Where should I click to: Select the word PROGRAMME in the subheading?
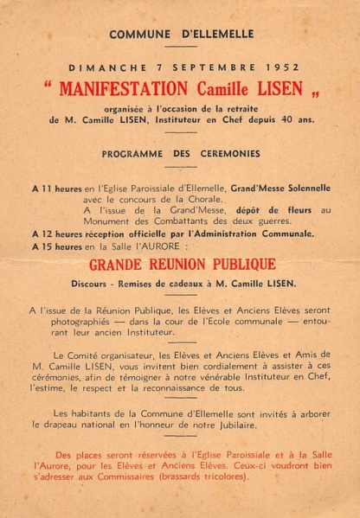133,154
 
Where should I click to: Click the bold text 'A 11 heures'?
57,188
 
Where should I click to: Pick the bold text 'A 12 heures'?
57,233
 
